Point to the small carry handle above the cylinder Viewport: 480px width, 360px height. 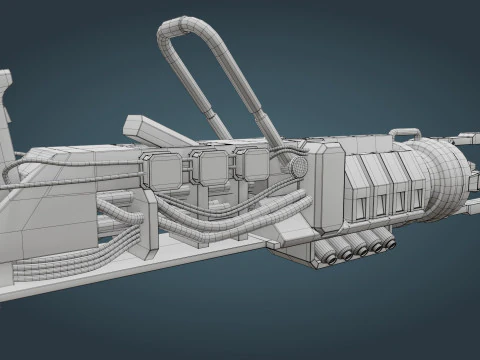click(405, 132)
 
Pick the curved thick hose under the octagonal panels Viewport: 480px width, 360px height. click(230, 222)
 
